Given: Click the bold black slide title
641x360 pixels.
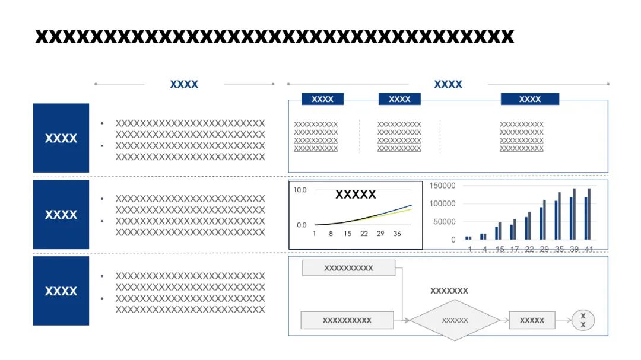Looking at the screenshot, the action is click(x=274, y=37).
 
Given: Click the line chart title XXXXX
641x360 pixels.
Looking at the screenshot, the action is click(x=356, y=194).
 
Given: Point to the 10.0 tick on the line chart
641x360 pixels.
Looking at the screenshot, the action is click(x=300, y=190).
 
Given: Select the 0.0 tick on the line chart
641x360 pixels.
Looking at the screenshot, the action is click(x=302, y=225).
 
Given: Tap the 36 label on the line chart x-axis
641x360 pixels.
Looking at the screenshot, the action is click(x=397, y=234).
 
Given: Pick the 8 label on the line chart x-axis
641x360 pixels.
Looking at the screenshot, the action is click(x=331, y=234).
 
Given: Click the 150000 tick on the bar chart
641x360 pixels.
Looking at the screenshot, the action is click(x=442, y=186).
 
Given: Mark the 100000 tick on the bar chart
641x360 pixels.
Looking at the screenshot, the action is click(x=442, y=203).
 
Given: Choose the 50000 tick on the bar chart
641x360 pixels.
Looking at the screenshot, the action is click(x=445, y=221).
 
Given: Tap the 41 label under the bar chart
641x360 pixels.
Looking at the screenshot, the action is click(x=589, y=249).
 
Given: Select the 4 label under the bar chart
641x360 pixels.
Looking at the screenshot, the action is click(x=485, y=249).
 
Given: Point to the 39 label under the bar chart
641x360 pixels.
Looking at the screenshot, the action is click(x=575, y=249).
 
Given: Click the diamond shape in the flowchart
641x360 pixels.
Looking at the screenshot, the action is click(x=455, y=320).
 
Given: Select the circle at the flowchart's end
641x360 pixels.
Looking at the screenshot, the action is click(x=583, y=320).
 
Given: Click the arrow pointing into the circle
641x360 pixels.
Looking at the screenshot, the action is click(x=563, y=320).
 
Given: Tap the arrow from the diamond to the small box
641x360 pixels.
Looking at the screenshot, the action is click(x=504, y=320).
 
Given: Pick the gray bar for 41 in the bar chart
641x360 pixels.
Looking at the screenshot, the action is click(x=589, y=214).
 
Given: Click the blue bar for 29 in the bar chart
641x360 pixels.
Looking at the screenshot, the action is click(x=541, y=224).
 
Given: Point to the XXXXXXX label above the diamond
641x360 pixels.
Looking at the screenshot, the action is click(x=449, y=291).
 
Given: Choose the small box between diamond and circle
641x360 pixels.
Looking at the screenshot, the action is click(x=532, y=320).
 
